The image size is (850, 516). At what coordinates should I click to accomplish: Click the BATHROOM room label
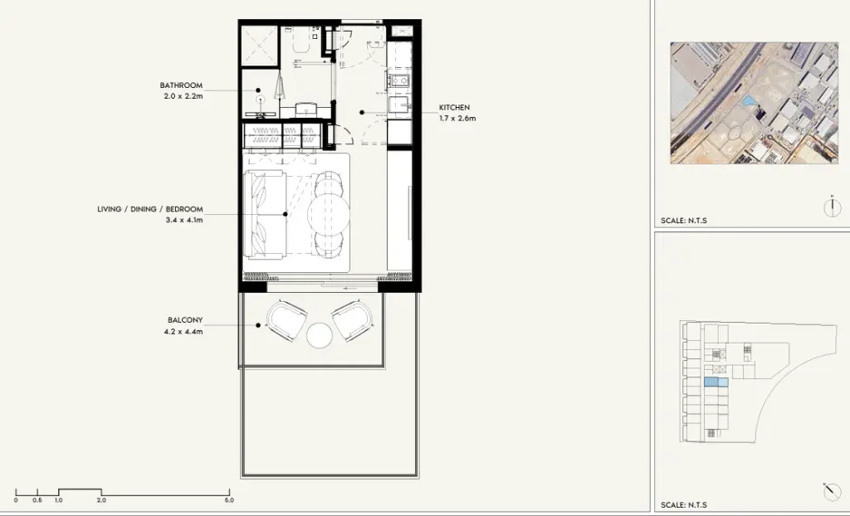coord(181,85)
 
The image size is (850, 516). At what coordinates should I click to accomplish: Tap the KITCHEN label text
coord(454,107)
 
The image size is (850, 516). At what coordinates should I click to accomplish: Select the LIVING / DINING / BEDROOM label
coord(150,209)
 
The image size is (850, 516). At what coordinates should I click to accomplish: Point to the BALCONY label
coord(185,320)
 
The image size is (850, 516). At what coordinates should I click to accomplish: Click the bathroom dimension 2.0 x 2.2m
coord(183,96)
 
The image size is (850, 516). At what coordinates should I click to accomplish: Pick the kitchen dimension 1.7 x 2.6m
coord(457,118)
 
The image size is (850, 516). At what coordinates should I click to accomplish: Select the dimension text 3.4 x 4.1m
coord(184,220)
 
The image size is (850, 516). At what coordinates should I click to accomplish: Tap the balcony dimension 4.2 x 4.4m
coord(183,332)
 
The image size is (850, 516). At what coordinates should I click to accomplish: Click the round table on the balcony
coord(319,335)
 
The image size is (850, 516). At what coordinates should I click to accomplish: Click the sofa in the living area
coord(265,214)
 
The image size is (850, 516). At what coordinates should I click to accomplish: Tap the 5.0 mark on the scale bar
coord(229,500)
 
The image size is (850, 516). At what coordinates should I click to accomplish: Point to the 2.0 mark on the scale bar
coord(101,500)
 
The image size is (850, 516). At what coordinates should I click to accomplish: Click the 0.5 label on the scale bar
coord(37,500)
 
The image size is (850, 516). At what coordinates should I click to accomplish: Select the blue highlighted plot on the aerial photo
coord(750,101)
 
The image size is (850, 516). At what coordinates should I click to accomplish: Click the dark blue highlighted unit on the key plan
coord(711,382)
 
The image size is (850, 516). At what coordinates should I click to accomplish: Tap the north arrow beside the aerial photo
coord(832,207)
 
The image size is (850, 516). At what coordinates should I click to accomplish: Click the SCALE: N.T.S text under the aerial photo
coord(684,221)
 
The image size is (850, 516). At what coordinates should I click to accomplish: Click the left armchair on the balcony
coord(286,321)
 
